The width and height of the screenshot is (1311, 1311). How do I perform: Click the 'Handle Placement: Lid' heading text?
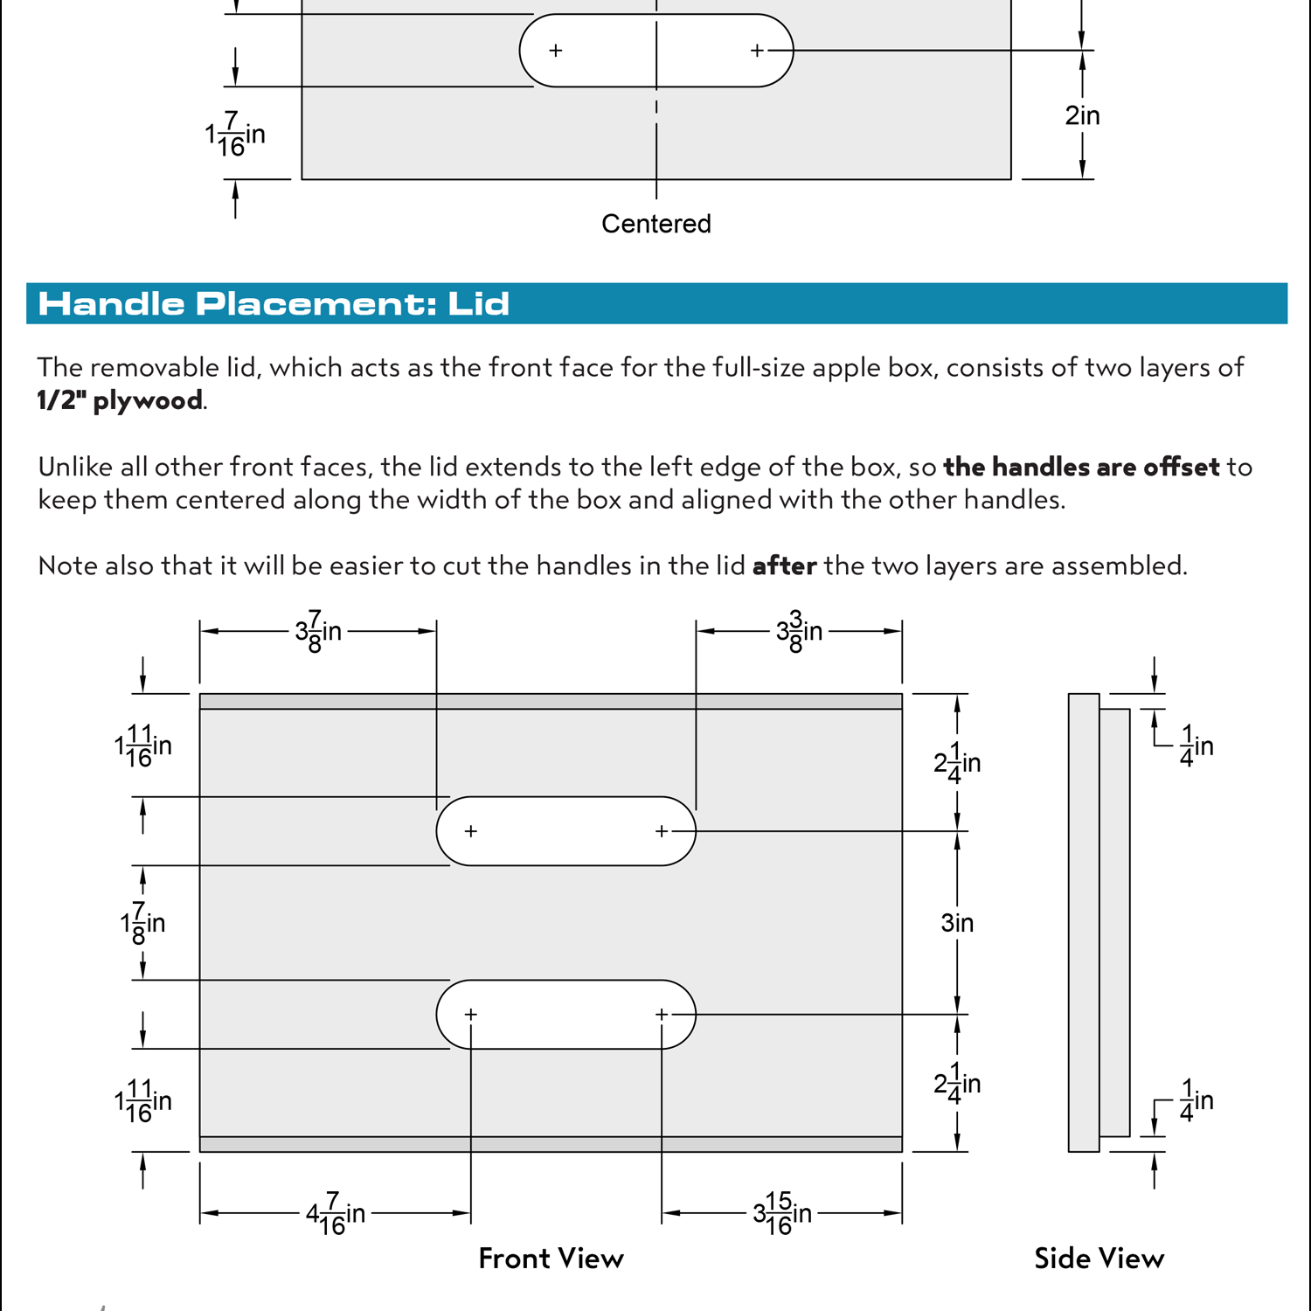(274, 304)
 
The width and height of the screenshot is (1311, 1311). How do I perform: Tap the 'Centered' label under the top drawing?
(655, 224)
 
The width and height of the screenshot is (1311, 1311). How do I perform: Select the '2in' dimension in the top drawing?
(1081, 115)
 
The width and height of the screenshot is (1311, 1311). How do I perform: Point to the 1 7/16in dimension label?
(234, 135)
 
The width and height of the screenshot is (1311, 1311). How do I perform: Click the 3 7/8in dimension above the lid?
(318, 631)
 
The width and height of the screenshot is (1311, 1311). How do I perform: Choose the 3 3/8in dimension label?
(799, 631)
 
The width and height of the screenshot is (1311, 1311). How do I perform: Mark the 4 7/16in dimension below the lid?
(335, 1213)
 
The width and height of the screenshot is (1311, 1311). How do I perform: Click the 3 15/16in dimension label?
(782, 1213)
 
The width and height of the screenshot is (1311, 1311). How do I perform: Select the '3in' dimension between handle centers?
(957, 923)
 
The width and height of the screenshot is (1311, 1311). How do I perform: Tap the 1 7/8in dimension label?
(142, 923)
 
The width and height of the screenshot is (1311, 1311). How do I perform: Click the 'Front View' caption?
(551, 1259)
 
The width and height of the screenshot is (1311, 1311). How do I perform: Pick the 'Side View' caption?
(1099, 1259)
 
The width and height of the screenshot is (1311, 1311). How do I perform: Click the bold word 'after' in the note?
(784, 566)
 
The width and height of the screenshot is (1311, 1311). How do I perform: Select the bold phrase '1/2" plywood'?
(120, 400)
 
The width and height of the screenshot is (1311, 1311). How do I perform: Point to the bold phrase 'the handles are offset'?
(1081, 467)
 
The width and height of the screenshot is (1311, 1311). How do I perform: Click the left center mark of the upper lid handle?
(471, 831)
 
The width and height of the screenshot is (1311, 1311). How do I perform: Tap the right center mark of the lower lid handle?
(662, 1014)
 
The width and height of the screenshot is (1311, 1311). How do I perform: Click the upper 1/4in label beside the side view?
(1196, 746)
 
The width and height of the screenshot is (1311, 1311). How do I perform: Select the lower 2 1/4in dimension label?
(957, 1084)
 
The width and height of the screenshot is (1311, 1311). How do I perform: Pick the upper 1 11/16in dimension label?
(142, 746)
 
